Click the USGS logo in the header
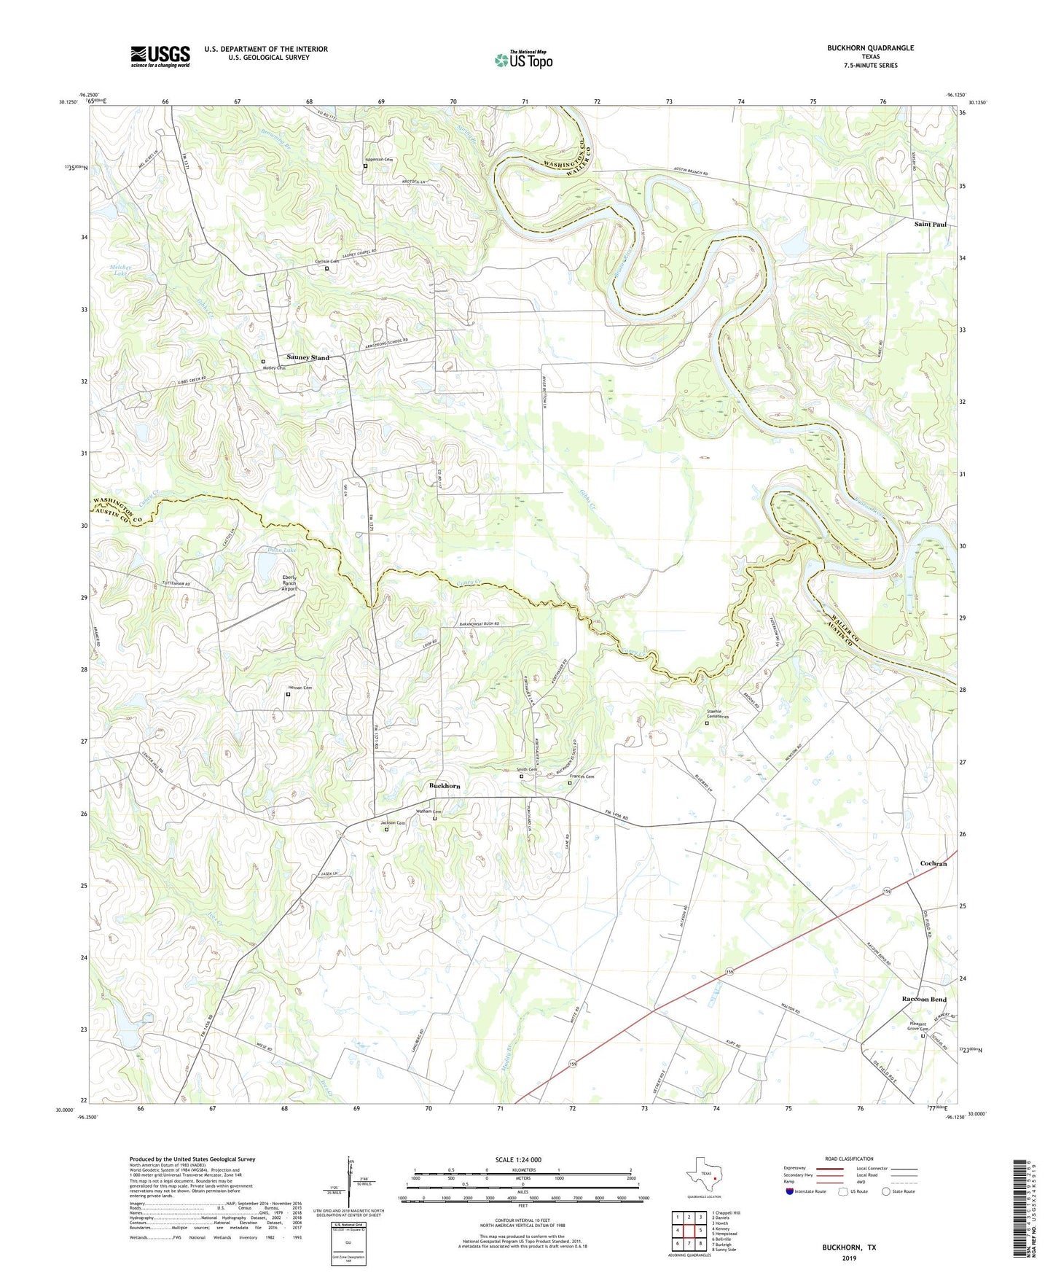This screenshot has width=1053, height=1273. [160, 56]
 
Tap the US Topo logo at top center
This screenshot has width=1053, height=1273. [523, 60]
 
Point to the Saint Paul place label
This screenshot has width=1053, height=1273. [930, 225]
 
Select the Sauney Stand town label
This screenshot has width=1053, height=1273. [308, 358]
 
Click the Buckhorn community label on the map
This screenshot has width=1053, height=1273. [445, 786]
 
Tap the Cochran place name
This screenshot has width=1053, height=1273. [933, 863]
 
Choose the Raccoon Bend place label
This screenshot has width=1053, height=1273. [924, 1000]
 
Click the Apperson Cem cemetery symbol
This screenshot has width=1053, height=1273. [366, 167]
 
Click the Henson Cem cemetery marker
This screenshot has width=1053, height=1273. [288, 695]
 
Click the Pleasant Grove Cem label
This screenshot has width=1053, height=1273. [918, 1026]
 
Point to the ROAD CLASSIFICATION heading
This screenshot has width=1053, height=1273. [849, 1159]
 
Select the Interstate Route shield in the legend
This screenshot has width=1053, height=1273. [791, 1192]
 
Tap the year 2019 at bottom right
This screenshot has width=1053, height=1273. [849, 1258]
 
